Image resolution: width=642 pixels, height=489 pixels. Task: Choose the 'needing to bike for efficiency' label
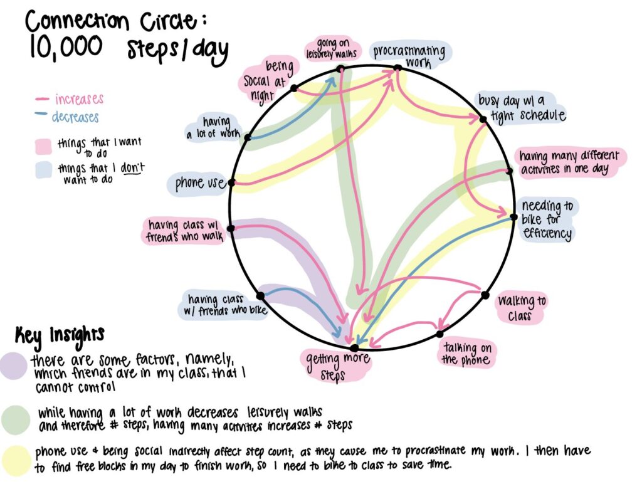click(546, 220)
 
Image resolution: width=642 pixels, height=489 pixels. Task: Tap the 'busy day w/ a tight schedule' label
click(520, 108)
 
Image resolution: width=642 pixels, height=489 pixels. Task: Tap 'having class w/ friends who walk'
click(184, 230)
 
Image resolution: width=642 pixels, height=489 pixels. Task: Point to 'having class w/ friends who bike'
click(224, 305)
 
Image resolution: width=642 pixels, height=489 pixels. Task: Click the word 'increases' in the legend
click(79, 99)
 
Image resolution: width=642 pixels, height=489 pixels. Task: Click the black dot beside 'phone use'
click(231, 182)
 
